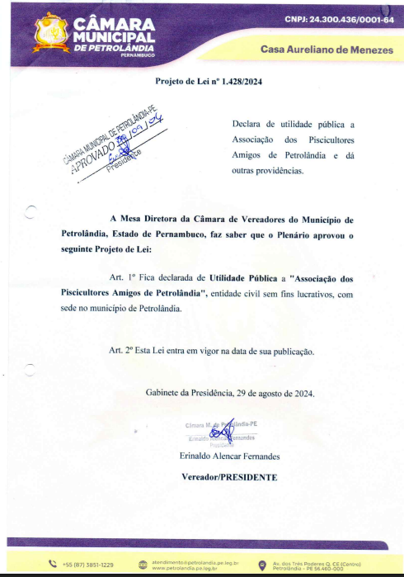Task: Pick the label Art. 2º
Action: click(124, 350)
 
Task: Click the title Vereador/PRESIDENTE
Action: click(229, 477)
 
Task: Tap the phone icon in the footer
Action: click(53, 565)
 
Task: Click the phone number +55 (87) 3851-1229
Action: click(87, 565)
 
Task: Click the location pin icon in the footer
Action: click(262, 565)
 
